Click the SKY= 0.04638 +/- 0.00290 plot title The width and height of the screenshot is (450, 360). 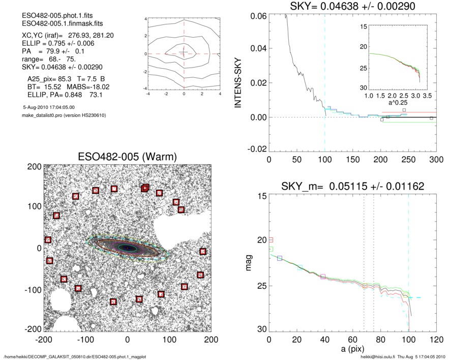coord(352,7)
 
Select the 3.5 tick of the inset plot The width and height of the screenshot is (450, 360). coord(426,95)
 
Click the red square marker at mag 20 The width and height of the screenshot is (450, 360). coord(271,239)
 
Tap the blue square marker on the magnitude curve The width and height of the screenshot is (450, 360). coord(280,258)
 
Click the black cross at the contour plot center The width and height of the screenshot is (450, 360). coord(184,53)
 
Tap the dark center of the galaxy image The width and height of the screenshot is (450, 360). coord(127,248)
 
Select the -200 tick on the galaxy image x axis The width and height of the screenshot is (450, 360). coord(44,339)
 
